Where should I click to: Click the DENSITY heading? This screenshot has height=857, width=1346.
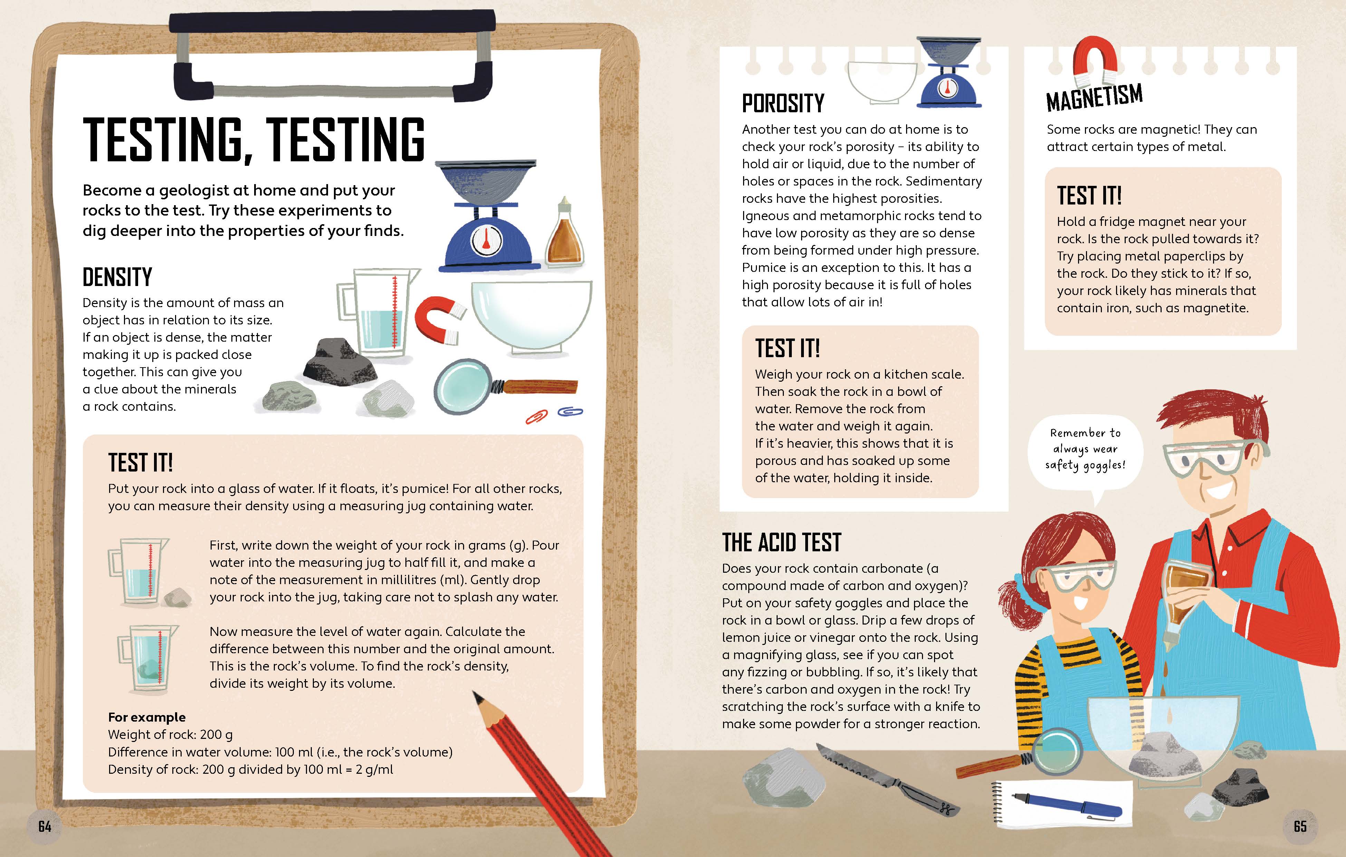tap(117, 277)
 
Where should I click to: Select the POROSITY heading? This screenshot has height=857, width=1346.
tap(783, 103)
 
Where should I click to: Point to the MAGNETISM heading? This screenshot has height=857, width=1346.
tap(1095, 98)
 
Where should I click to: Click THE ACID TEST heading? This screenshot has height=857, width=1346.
tap(781, 542)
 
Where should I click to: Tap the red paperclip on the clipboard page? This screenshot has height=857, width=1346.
tap(537, 417)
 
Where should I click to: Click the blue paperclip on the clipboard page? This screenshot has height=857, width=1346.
tap(570, 412)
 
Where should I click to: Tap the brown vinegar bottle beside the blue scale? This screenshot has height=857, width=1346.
tap(565, 232)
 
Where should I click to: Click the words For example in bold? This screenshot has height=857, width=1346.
tap(146, 717)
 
